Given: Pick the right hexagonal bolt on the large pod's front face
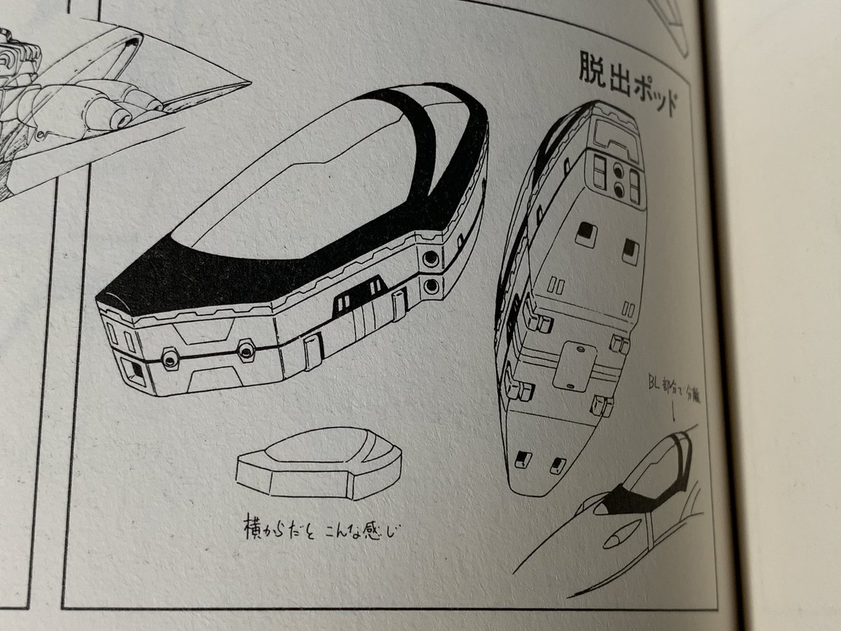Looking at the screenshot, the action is pyautogui.click(x=245, y=351).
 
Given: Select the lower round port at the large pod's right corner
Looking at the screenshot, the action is pyautogui.click(x=431, y=285).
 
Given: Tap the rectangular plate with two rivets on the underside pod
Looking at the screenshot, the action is pyautogui.click(x=574, y=365).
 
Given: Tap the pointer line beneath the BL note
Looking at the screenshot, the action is pyautogui.click(x=674, y=414).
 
